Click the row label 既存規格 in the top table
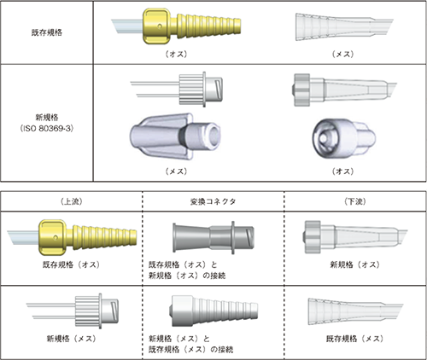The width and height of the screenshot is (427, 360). pos(47,32)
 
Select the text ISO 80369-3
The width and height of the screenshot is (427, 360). pos(47,129)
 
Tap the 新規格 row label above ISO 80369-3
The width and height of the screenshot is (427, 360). pos(47,117)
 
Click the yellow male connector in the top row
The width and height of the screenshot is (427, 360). pos(177,26)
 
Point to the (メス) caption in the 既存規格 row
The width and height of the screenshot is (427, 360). pos(342,54)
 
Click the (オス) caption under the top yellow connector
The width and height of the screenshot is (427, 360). pos(177,54)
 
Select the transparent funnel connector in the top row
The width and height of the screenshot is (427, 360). pos(344,26)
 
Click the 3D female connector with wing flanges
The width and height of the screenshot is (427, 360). pos(175,136)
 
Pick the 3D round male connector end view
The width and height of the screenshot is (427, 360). pos(344,138)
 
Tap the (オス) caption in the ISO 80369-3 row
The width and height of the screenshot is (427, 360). pos(342,171)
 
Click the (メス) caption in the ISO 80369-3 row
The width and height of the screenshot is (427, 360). pos(177,171)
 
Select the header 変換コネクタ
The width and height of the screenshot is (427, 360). pos(213,201)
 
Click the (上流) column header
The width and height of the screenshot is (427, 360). pos(71,201)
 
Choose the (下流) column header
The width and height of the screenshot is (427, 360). pos(355,201)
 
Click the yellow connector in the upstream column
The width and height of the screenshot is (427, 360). pos(72,236)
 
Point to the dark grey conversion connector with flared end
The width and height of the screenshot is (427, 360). pos(213,237)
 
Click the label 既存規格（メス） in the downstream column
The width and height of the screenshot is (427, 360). pos(354,339)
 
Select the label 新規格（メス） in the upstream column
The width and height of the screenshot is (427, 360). pos(71,339)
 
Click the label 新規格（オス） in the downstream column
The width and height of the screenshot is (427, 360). pos(354,264)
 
